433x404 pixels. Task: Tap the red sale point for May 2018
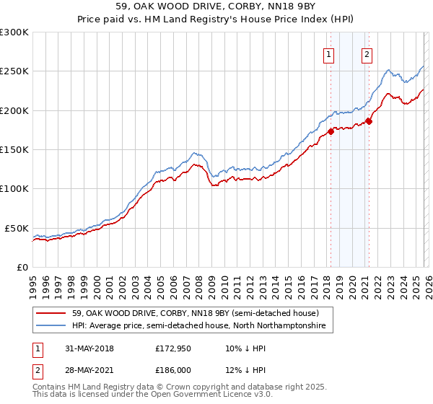(x=331, y=131)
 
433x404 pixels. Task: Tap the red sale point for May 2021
(x=369, y=121)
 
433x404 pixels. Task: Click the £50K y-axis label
(x=17, y=228)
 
